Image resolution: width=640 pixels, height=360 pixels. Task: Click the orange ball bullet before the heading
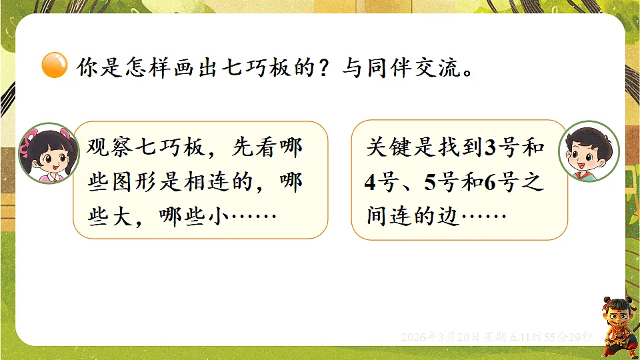click(x=54, y=65)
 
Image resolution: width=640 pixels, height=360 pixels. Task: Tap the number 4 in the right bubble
click(x=371, y=182)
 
